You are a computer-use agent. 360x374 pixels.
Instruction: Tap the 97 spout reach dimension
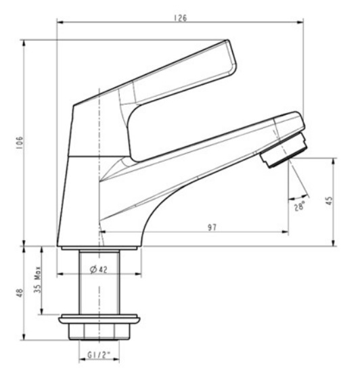(212, 227)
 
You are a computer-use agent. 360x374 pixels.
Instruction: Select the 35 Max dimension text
(38, 280)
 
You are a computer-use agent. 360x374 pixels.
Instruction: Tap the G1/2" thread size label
(99, 354)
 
